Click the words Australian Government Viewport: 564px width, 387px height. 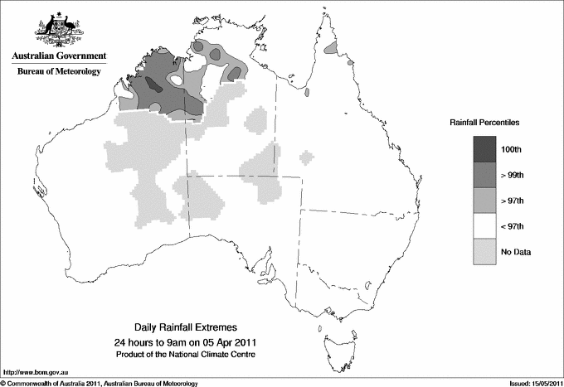pos(58,56)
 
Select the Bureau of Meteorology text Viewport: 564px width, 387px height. pos(58,72)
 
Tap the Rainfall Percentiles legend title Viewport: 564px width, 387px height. pos(484,122)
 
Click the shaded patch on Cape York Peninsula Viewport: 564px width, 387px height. pos(332,50)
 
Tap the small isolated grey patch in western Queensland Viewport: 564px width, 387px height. pos(307,157)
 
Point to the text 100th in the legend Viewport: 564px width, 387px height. pos(522,149)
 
